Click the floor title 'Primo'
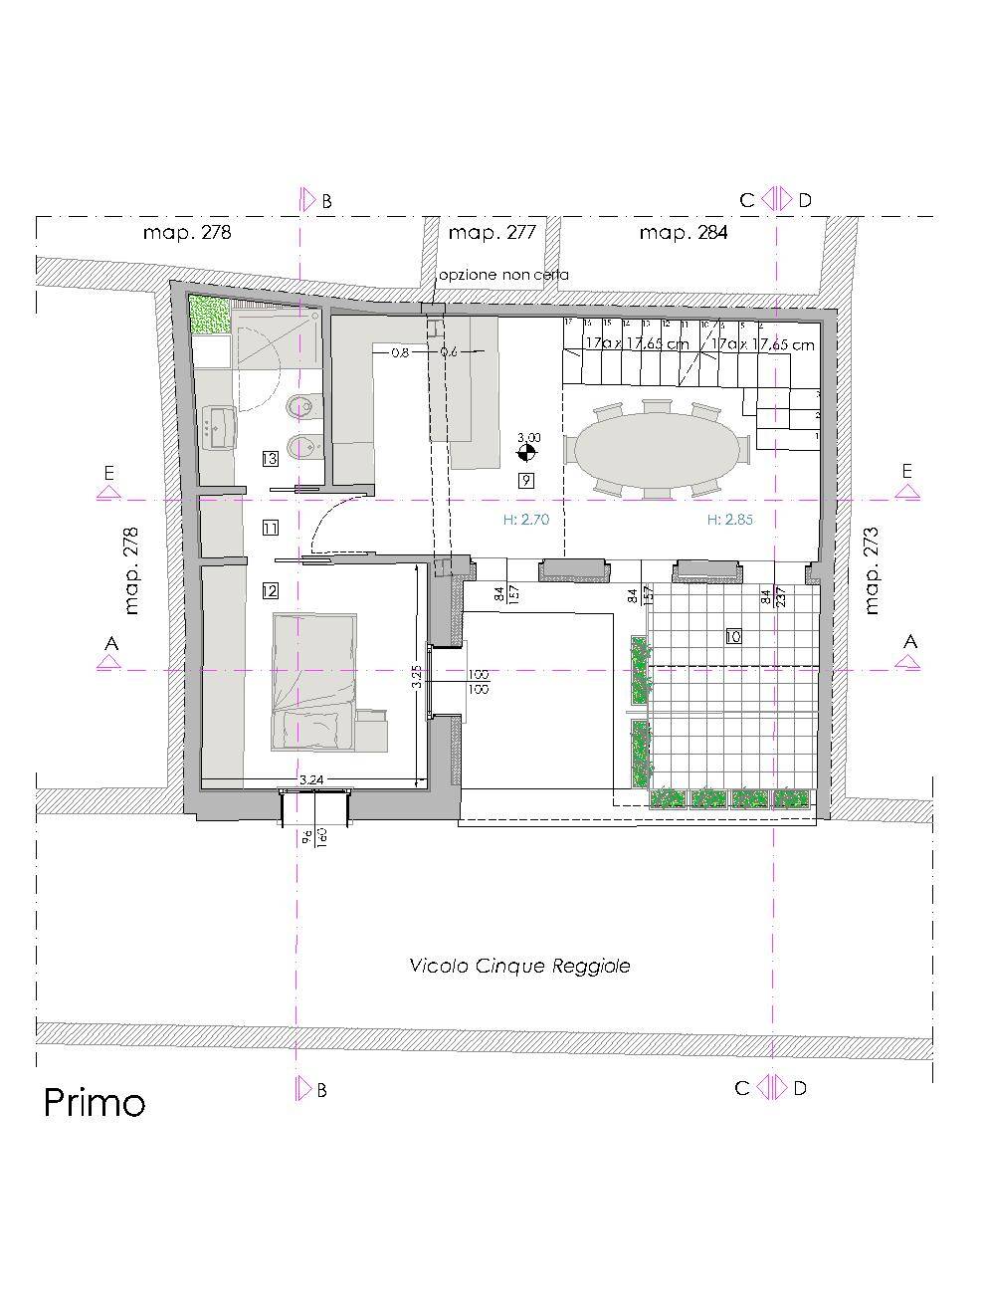(95, 1103)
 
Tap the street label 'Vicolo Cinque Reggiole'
(519, 966)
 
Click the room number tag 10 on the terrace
(734, 636)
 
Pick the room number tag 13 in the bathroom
(270, 459)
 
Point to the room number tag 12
(270, 590)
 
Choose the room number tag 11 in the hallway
(270, 527)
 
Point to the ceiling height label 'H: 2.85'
(727, 520)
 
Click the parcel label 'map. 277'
(493, 233)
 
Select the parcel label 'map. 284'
(683, 233)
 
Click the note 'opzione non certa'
(503, 275)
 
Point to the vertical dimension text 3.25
(417, 677)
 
